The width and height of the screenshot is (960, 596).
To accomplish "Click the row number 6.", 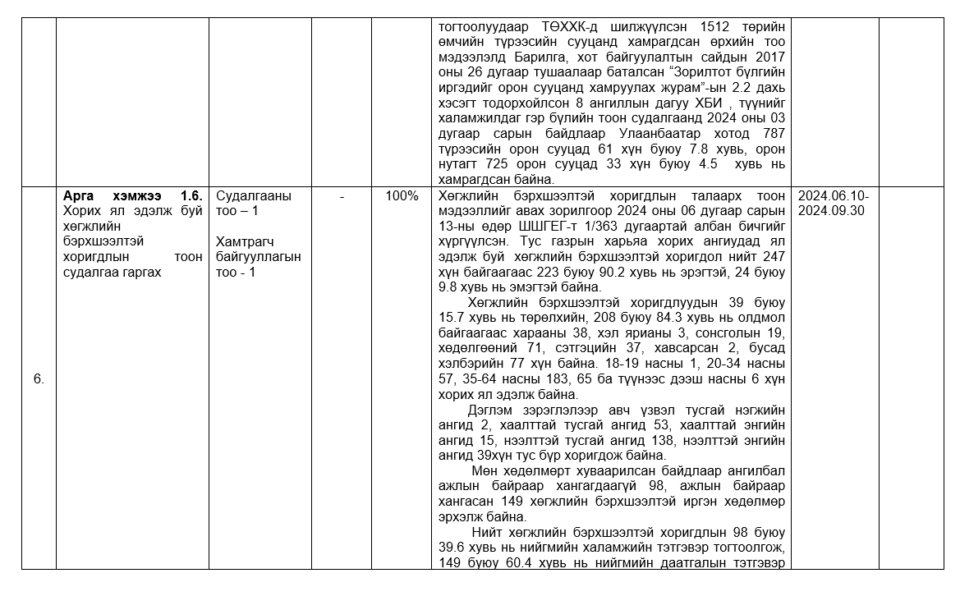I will click(x=39, y=378).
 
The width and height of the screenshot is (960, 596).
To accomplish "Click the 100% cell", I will click(x=402, y=197).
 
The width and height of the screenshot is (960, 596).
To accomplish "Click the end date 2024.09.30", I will click(x=827, y=211).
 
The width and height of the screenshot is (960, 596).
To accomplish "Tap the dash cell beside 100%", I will click(x=342, y=197).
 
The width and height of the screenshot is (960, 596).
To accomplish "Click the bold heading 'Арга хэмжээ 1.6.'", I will click(x=132, y=197).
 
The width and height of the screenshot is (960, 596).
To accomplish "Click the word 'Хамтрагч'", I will click(x=244, y=242).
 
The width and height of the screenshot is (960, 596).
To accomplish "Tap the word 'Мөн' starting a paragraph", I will click(x=485, y=471).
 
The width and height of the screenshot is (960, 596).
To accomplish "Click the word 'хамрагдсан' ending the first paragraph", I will click(x=474, y=179).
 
